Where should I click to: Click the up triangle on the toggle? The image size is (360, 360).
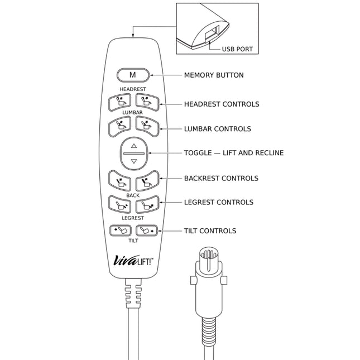(133, 145)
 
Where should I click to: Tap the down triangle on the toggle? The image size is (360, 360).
(133, 161)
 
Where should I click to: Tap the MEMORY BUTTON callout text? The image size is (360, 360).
(214, 75)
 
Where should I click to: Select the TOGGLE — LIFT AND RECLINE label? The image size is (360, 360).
(234, 153)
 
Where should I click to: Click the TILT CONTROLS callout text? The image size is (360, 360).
(210, 231)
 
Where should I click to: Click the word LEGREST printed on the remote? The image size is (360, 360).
(133, 218)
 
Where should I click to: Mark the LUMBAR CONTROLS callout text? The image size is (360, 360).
(217, 129)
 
